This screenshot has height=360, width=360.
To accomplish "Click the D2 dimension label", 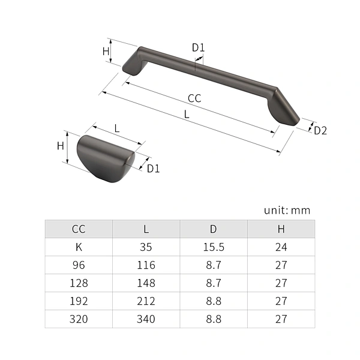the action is [x=320, y=131].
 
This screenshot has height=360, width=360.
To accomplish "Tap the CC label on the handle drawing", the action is [x=194, y=98].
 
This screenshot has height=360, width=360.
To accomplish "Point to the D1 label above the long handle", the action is [x=198, y=48].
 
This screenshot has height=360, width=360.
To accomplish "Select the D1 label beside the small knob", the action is [x=153, y=169].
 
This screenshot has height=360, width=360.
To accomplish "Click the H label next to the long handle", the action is [x=106, y=52].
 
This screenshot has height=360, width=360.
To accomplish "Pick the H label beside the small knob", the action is [x=61, y=146].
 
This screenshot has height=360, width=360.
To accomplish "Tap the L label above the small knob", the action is [x=117, y=128].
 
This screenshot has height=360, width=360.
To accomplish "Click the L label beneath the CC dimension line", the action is [x=187, y=114].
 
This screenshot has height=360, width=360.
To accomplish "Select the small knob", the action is [x=106, y=158].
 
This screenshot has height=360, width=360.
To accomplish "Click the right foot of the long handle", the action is [x=284, y=107].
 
